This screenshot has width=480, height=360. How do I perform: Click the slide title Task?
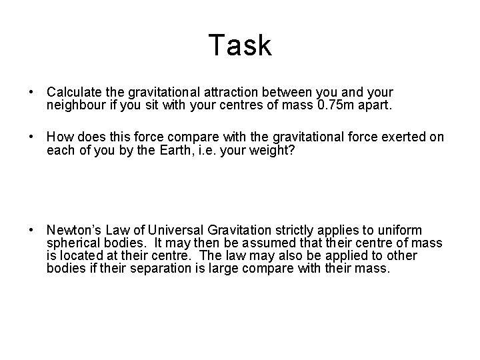[x=240, y=45]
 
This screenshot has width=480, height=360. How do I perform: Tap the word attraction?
[x=229, y=91]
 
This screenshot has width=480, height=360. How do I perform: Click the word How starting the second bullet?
[x=59, y=137]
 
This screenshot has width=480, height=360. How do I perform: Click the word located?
[x=85, y=255]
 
